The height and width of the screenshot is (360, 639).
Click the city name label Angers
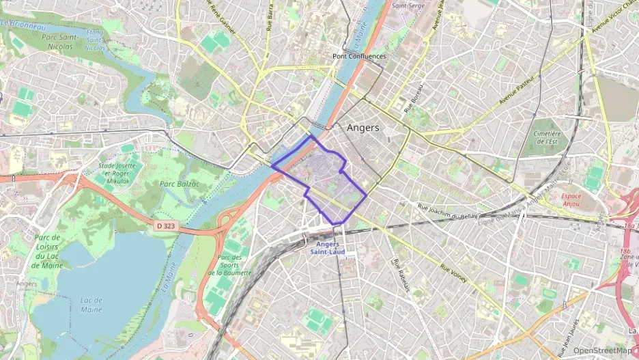pos(363,128)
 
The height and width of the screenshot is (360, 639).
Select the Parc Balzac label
pos(179,184)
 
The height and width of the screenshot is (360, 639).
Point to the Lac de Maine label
pos(91,305)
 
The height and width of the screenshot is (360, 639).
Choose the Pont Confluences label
pos(359,56)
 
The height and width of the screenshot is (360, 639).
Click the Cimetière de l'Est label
pos(543,138)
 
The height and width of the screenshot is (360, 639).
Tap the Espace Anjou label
pos(571,199)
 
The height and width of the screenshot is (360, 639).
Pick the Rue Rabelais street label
pos(401,276)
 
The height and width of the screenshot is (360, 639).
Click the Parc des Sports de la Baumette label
pos(229,265)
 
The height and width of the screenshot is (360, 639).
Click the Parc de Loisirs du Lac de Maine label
pos(47,252)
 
